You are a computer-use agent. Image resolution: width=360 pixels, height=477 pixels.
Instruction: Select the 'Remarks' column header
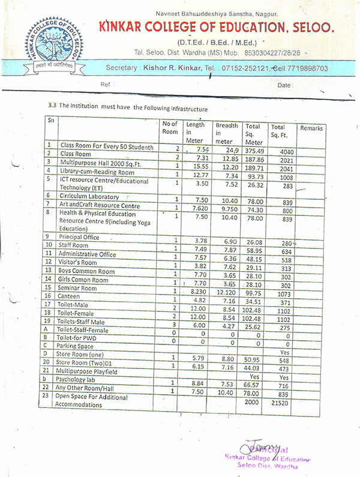click(x=311, y=128)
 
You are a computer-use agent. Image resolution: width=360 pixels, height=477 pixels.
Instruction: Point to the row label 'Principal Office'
click(x=82, y=236)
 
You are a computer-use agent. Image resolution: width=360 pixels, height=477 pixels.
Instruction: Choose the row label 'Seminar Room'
click(x=78, y=288)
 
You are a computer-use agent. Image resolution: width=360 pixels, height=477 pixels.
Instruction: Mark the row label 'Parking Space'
click(x=77, y=346)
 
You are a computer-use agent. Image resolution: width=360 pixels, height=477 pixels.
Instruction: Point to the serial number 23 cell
click(x=50, y=396)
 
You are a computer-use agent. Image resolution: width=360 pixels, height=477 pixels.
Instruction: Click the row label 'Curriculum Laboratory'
click(x=89, y=196)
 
